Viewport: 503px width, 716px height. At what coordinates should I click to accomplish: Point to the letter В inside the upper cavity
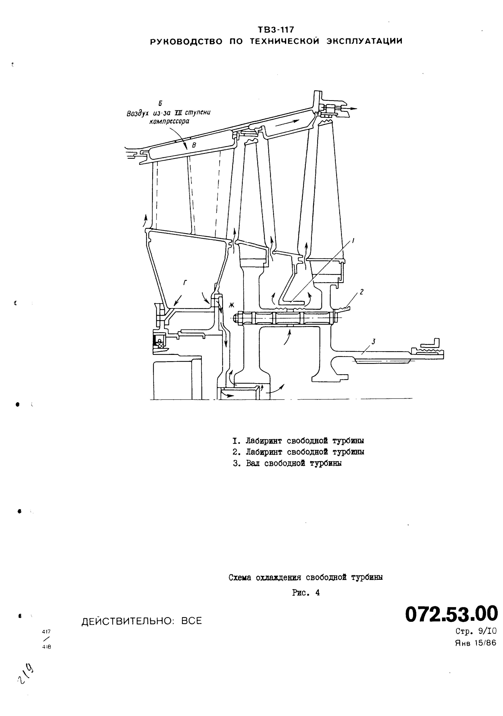coord(194,145)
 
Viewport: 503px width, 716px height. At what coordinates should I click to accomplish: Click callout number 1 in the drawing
coord(353,240)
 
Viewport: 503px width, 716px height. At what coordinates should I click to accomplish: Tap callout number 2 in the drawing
coord(361,292)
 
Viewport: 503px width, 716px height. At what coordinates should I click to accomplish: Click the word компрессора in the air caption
coord(169,122)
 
